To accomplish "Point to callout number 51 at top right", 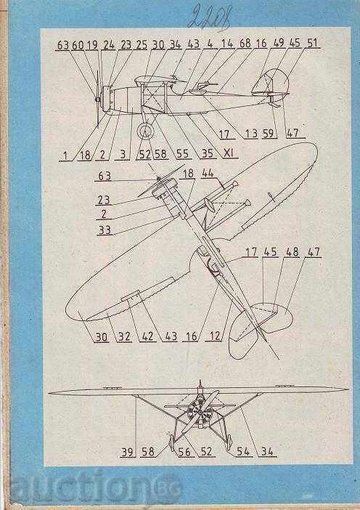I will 313,44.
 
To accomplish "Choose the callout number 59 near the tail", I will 269,134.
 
